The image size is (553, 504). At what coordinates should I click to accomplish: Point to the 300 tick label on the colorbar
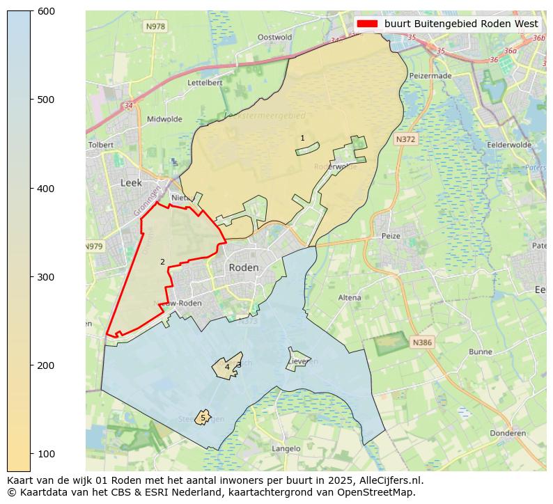pos(45,277)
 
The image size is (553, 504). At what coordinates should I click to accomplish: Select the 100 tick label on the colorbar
pos(45,454)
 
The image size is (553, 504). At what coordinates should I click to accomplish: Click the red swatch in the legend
pos(366,24)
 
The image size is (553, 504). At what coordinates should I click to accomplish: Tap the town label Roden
pos(244,267)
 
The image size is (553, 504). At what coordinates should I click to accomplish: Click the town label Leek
pos(131,182)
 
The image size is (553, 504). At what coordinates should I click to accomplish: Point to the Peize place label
pos(391,236)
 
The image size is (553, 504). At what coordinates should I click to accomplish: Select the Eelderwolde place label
pos(510,145)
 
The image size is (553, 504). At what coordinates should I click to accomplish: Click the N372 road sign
pos(405,139)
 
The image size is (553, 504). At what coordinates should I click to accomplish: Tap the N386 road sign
pos(422,342)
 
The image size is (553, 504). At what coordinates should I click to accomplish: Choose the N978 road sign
pos(155,26)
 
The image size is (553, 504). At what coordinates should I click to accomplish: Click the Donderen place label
pos(508,433)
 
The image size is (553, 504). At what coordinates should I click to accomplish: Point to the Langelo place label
pos(286,449)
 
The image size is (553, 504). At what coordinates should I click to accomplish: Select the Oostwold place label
pos(274,38)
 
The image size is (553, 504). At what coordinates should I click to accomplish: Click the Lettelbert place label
pos(205,82)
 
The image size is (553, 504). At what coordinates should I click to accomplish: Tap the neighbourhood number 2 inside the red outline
pos(162,262)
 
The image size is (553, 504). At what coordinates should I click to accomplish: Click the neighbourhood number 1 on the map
pos(302,138)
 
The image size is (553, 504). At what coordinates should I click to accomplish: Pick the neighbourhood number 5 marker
pos(203,418)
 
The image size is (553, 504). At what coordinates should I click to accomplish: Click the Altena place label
pos(350,297)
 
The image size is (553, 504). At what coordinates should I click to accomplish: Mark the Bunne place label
pos(481,352)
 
